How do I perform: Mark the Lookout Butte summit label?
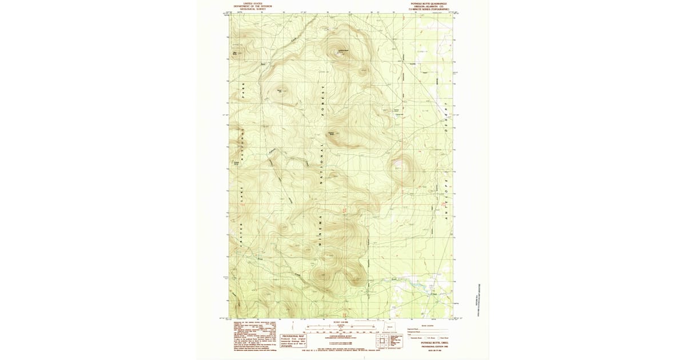pyautogui.click(x=344, y=52)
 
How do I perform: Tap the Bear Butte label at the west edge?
pyautogui.click(x=234, y=54)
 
